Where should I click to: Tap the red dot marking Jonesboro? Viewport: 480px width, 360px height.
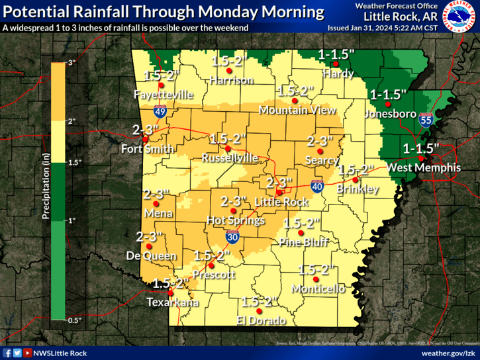point(389,104)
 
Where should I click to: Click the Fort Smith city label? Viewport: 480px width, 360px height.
point(147,149)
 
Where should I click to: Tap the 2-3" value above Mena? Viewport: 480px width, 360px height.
point(156,195)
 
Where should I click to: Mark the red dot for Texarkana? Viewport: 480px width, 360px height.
point(171,292)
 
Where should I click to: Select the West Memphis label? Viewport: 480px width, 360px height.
point(424,168)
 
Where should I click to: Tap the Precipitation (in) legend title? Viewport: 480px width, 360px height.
point(46,192)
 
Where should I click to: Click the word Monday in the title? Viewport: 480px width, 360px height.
point(241,12)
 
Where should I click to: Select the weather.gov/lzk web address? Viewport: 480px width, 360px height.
point(444,353)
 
